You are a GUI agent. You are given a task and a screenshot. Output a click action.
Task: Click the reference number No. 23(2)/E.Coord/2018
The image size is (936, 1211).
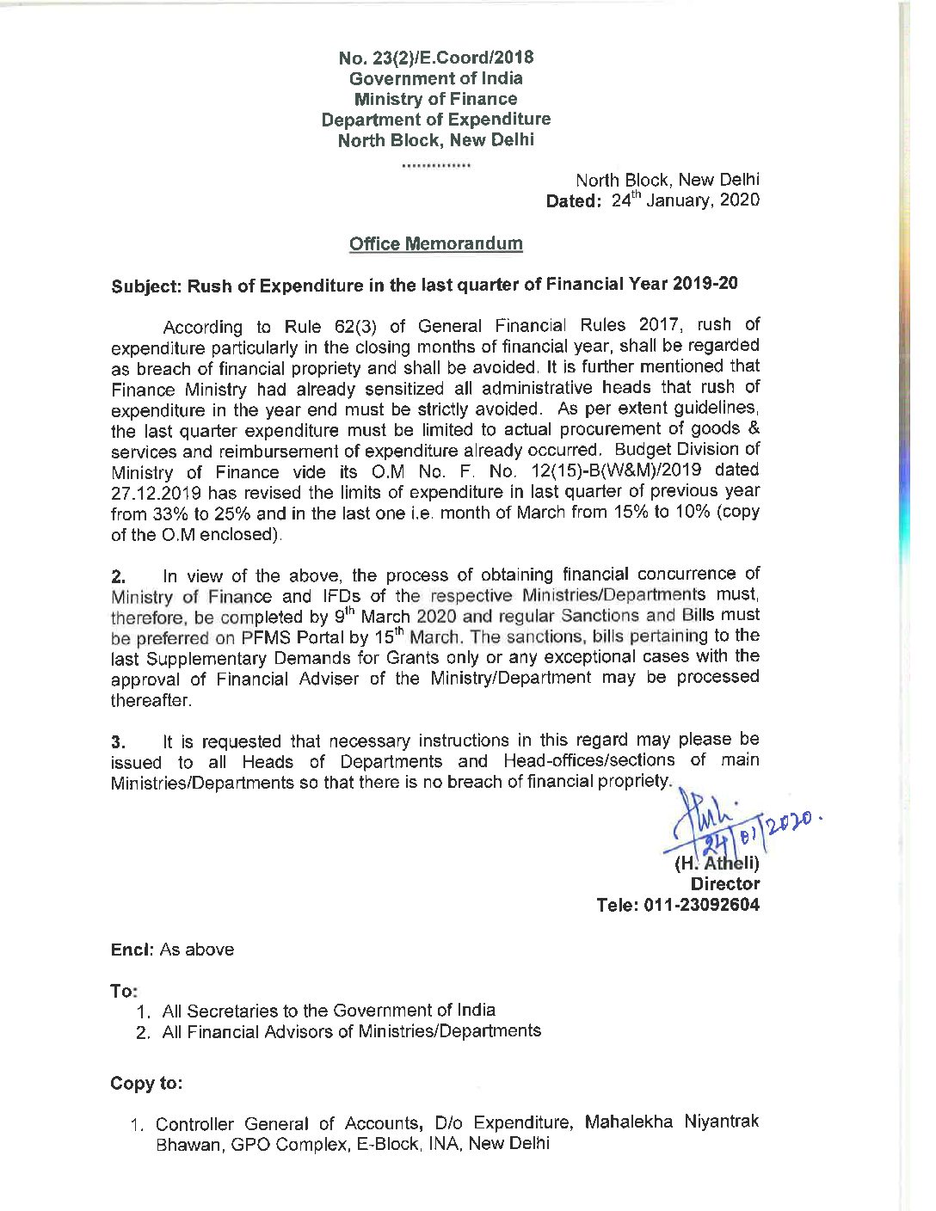[x=435, y=58]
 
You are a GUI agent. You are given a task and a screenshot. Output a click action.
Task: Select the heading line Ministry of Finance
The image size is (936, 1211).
[x=435, y=99]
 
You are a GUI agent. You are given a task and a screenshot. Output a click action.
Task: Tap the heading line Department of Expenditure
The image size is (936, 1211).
[x=435, y=120]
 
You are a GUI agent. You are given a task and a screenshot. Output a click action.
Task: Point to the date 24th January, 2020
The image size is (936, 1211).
[x=686, y=200]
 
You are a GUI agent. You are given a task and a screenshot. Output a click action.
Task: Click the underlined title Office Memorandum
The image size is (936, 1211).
[x=435, y=243]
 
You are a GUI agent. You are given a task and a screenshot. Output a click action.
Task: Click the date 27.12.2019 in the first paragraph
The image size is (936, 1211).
[x=156, y=493]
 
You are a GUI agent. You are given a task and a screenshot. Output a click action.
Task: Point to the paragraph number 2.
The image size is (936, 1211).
[x=119, y=576]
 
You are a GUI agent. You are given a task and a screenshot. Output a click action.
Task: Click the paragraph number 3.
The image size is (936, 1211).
[x=119, y=741]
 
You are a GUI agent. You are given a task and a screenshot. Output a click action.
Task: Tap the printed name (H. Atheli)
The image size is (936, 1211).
[x=717, y=863]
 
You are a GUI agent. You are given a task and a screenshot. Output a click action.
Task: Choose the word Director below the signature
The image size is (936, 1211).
[x=725, y=883]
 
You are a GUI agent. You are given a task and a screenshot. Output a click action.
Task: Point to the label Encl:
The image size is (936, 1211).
[x=132, y=950]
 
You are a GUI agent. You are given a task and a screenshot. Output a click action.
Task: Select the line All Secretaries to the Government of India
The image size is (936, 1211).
[x=329, y=1011]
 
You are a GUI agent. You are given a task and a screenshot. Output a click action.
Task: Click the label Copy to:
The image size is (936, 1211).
[x=146, y=1084]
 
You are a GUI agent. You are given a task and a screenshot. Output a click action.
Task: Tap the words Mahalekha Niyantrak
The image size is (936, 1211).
[x=671, y=1122]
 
